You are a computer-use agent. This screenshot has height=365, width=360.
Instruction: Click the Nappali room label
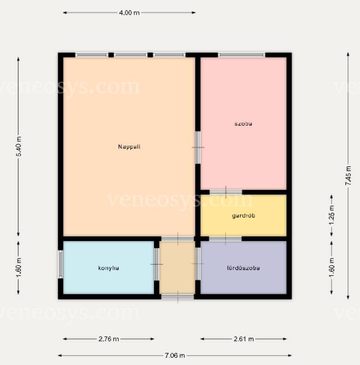click(x=129, y=146)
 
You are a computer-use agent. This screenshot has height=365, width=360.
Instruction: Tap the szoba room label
click(x=243, y=123)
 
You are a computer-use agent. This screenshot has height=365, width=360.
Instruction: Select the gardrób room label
click(x=243, y=216)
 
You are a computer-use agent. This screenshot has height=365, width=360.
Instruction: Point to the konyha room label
click(x=108, y=268)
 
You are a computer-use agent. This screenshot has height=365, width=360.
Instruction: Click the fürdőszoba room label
click(x=243, y=268)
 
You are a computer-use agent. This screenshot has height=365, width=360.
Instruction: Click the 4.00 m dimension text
click(x=129, y=13)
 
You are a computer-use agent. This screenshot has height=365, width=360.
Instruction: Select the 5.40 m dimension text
click(x=19, y=146)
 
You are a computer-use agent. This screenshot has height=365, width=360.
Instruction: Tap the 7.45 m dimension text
click(x=348, y=176)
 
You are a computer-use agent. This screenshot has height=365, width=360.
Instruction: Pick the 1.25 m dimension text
click(x=332, y=215)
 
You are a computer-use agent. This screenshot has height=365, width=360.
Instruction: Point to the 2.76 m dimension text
click(x=108, y=339)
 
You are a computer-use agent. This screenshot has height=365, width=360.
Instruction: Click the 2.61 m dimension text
click(x=244, y=339)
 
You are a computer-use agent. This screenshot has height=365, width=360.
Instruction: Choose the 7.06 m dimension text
click(x=175, y=356)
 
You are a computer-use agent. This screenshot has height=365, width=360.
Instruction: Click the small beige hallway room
click(x=177, y=268)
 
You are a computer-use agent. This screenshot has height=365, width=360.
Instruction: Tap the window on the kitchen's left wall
click(x=60, y=264)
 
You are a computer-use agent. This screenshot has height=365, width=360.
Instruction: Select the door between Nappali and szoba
click(x=198, y=147)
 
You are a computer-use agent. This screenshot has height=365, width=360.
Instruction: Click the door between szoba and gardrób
click(x=226, y=192)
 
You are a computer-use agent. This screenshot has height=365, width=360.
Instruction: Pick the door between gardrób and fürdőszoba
click(x=225, y=239)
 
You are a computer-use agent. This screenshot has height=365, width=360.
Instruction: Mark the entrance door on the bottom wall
click(x=178, y=297)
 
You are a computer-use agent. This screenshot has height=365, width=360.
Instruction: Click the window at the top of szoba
click(x=241, y=55)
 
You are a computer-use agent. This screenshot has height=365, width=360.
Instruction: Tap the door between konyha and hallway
click(x=157, y=264)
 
